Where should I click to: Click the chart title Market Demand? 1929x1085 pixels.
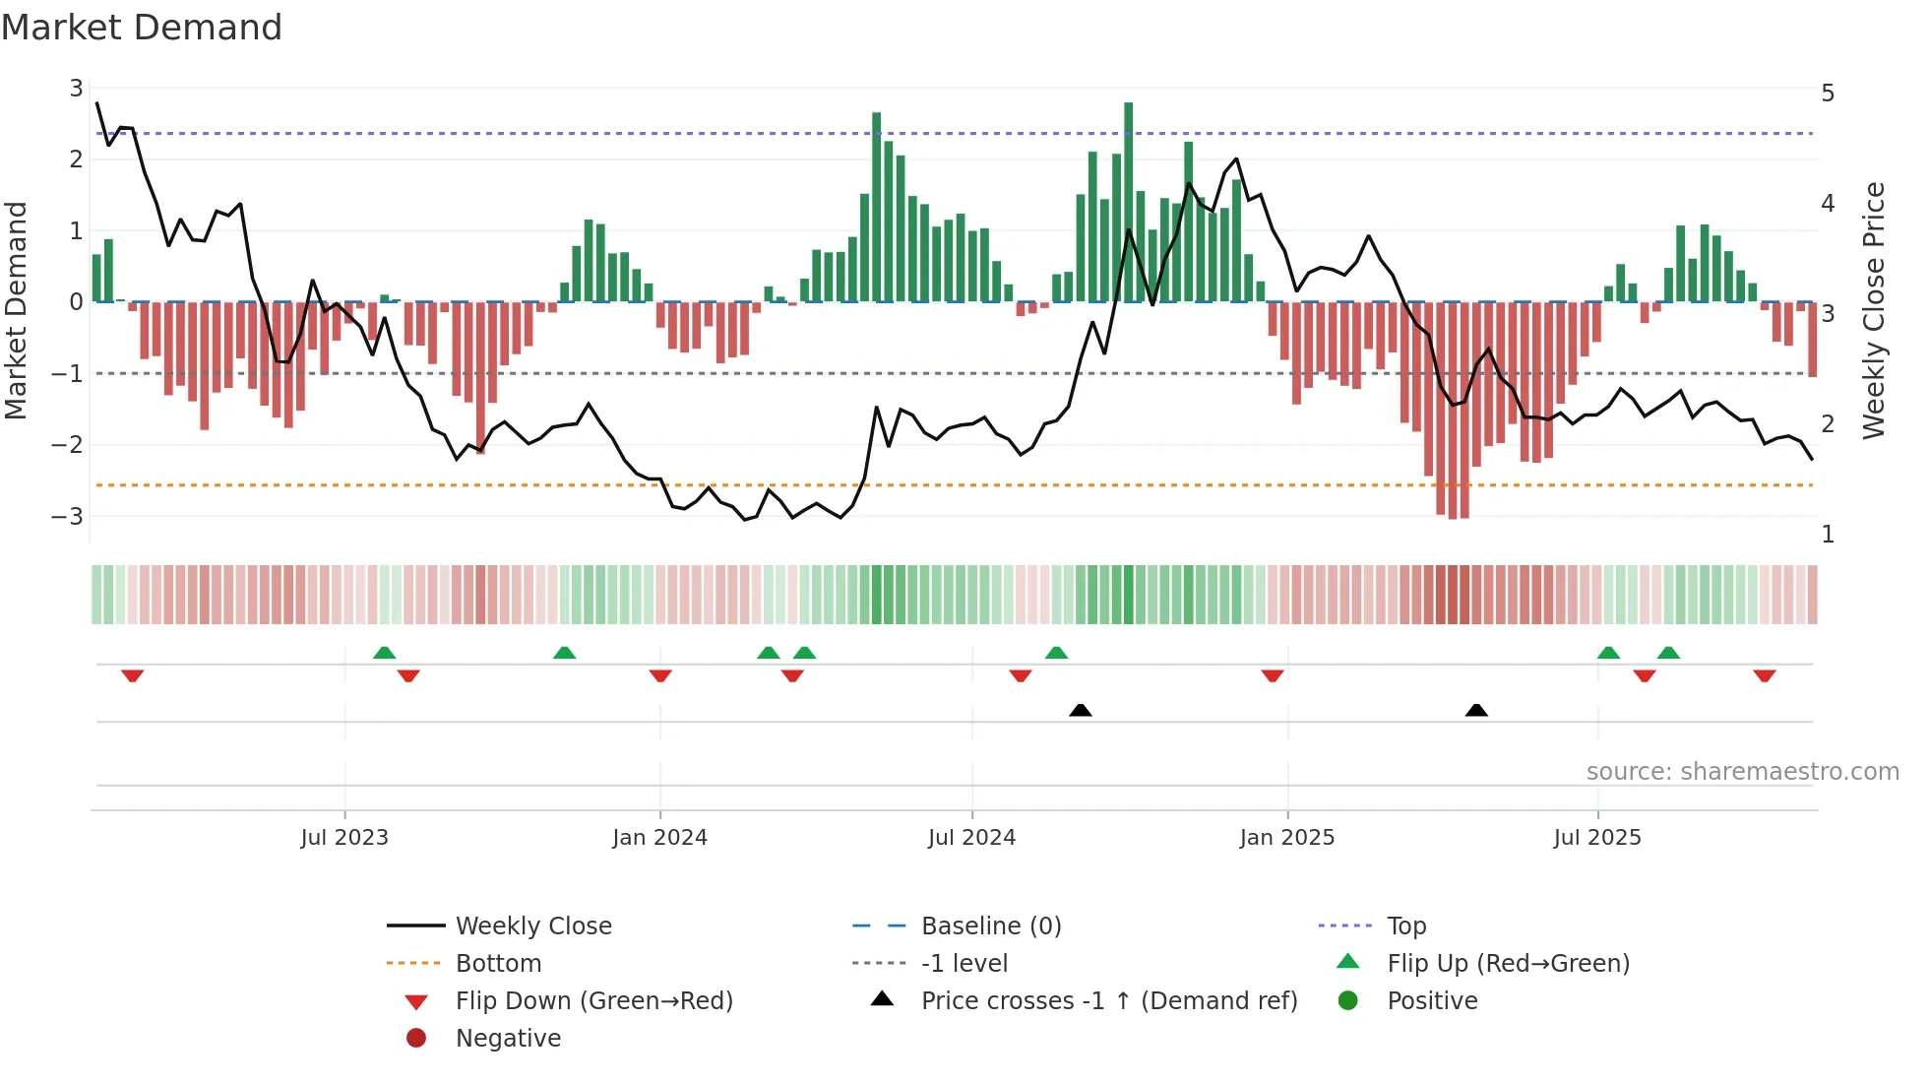pos(142,28)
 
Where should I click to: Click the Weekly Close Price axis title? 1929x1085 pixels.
pos(1874,310)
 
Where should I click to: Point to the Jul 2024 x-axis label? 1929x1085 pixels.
pos(971,838)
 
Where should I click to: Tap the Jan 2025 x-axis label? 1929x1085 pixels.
pos(1286,838)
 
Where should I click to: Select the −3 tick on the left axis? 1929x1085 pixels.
pos(67,516)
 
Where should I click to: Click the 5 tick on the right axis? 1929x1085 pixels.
pos(1828,94)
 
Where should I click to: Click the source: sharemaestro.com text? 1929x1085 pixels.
pos(1742,772)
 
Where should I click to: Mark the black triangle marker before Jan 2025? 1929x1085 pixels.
pos(1081,710)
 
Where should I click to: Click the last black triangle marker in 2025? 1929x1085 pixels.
pos(1476,710)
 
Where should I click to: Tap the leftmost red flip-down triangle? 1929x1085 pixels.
pos(133,675)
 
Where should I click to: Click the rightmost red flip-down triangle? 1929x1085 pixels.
pos(1764,675)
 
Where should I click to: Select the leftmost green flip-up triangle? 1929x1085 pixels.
pos(385,653)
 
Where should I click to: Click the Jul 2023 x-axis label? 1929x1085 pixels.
pos(344,838)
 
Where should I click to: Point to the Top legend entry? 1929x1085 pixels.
pos(1405,926)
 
